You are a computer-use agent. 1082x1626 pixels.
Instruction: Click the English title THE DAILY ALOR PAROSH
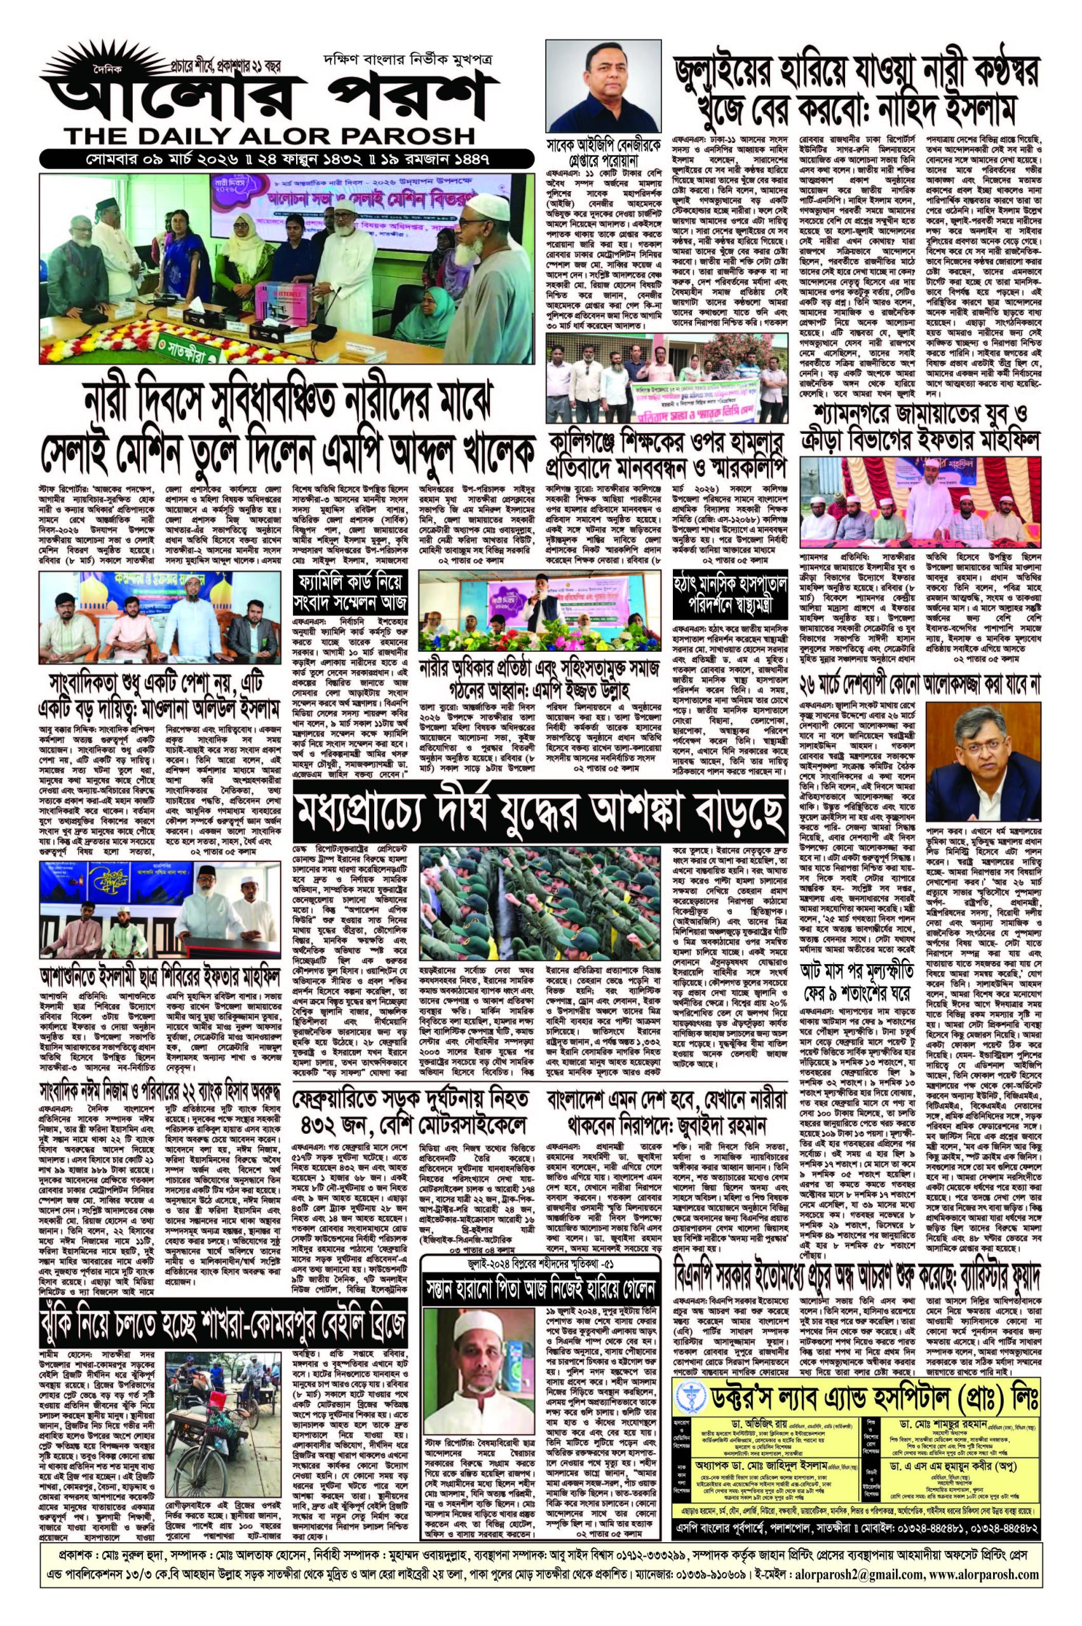click(269, 134)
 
